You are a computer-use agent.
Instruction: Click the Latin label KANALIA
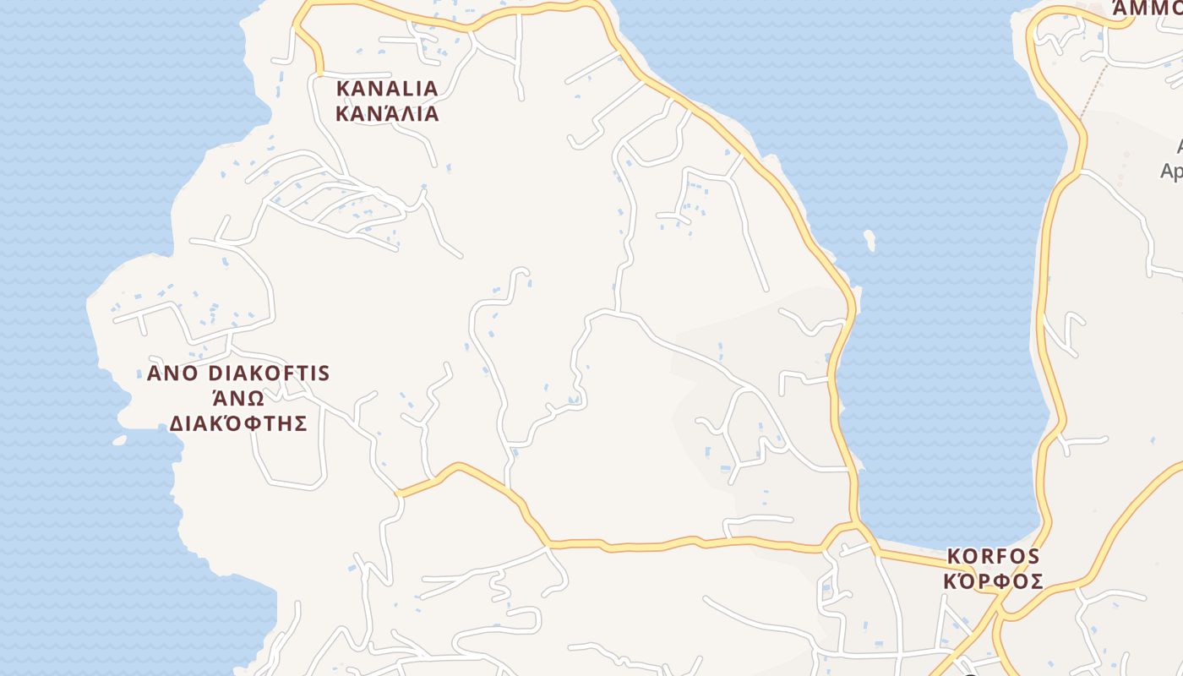click(x=387, y=89)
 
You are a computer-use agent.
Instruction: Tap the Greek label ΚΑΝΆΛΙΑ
click(x=387, y=114)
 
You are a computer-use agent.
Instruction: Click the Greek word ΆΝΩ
click(x=237, y=398)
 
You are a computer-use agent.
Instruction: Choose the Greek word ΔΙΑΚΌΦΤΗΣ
click(x=237, y=423)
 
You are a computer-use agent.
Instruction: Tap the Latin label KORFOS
click(x=993, y=557)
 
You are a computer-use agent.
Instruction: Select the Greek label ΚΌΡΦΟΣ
click(x=993, y=582)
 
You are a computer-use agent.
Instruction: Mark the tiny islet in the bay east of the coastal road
click(x=870, y=241)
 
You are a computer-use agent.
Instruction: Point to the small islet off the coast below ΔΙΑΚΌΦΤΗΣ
click(x=119, y=440)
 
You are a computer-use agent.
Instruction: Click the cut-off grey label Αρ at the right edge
click(x=1172, y=172)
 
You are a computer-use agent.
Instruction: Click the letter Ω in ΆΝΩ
click(x=255, y=398)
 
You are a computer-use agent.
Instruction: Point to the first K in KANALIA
click(x=343, y=89)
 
